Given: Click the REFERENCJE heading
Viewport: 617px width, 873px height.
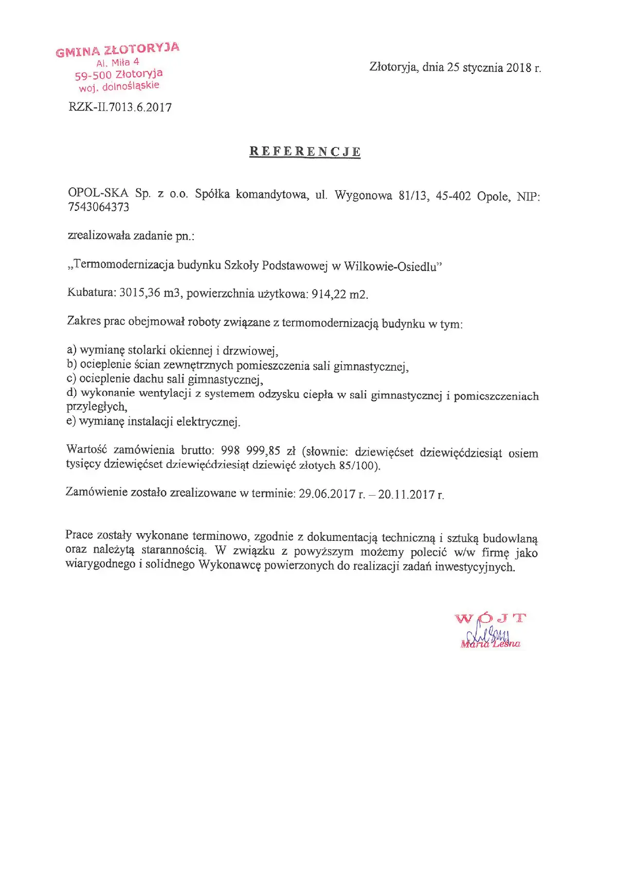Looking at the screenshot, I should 305,152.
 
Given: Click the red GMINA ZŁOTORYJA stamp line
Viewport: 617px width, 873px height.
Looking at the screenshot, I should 118,50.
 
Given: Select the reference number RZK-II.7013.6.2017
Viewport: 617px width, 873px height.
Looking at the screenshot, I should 120,107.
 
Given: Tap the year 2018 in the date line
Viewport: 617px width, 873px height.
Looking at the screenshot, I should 518,68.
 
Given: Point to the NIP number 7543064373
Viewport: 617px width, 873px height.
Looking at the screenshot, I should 99,207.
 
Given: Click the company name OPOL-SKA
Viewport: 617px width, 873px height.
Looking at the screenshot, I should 98,193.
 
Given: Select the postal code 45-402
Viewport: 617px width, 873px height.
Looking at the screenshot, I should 453,196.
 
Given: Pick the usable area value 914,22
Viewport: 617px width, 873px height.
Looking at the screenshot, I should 329,295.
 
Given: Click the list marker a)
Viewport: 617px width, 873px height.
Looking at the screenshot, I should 72,350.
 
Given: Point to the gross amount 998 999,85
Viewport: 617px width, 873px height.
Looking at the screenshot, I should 250,450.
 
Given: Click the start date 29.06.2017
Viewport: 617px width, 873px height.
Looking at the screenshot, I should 326,494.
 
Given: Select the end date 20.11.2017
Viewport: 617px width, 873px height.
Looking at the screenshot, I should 406,495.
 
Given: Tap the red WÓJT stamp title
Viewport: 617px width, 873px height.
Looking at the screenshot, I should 491,618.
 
